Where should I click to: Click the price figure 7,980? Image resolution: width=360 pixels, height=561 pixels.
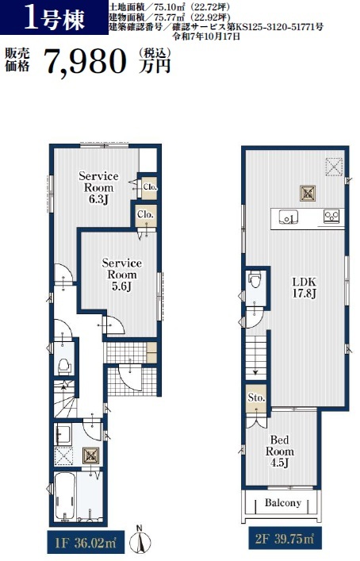(86, 62)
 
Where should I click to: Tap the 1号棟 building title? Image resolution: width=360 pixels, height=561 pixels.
(55, 18)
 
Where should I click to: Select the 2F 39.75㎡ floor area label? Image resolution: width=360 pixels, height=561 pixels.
(285, 539)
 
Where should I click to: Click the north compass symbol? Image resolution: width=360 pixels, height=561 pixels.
(140, 540)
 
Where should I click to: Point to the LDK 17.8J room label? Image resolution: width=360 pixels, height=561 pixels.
(304, 287)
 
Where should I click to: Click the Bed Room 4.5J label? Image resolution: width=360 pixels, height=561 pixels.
(280, 451)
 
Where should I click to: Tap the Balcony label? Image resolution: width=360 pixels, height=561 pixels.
(283, 503)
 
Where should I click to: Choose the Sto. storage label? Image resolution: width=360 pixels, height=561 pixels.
(256, 398)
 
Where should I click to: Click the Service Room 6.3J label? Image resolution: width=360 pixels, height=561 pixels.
(98, 187)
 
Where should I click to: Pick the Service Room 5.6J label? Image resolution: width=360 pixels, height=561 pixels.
(122, 275)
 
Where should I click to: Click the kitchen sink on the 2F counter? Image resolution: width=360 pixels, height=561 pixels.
(289, 217)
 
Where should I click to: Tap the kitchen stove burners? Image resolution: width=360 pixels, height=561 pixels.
(331, 216)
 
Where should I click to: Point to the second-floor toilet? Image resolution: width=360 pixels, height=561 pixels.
(255, 279)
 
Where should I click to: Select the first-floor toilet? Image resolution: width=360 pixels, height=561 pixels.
(64, 366)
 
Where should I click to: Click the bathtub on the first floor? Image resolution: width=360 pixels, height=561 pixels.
(65, 495)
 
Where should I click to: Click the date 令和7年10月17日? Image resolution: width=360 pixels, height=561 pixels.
(206, 37)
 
